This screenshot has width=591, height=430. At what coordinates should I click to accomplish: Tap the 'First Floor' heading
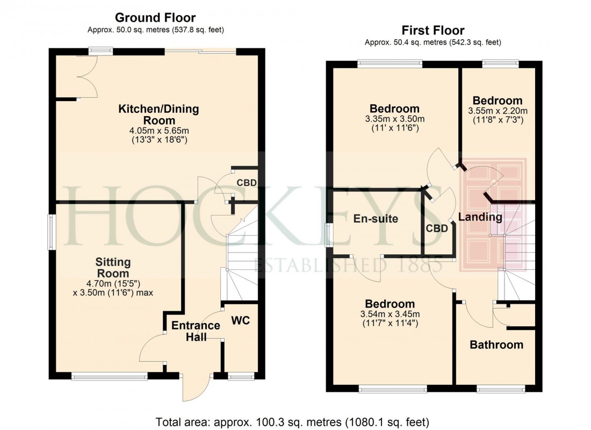tap(433, 31)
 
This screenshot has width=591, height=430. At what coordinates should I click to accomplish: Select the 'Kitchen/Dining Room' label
tap(158, 114)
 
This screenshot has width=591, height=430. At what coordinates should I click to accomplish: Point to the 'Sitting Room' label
tap(113, 268)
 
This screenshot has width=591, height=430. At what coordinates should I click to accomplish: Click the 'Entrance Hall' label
tap(196, 331)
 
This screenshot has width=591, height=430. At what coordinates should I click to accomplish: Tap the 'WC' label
tap(240, 321)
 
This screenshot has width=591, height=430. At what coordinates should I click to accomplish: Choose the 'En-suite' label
tap(376, 219)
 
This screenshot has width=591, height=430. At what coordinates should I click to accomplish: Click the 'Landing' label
tap(480, 218)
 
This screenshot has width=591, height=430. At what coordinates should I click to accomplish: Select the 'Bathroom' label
tap(496, 345)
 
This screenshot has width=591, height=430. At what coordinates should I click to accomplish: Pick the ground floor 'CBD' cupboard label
tap(247, 183)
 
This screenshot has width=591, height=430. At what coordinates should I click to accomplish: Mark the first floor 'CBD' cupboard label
tap(437, 228)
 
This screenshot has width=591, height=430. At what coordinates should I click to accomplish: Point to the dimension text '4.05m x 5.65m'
tap(158, 131)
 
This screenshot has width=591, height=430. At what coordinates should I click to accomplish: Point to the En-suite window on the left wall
tap(329, 235)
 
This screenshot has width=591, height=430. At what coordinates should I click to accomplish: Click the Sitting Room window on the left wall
tap(52, 232)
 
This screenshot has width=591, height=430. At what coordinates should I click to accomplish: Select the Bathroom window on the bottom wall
tap(501, 388)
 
